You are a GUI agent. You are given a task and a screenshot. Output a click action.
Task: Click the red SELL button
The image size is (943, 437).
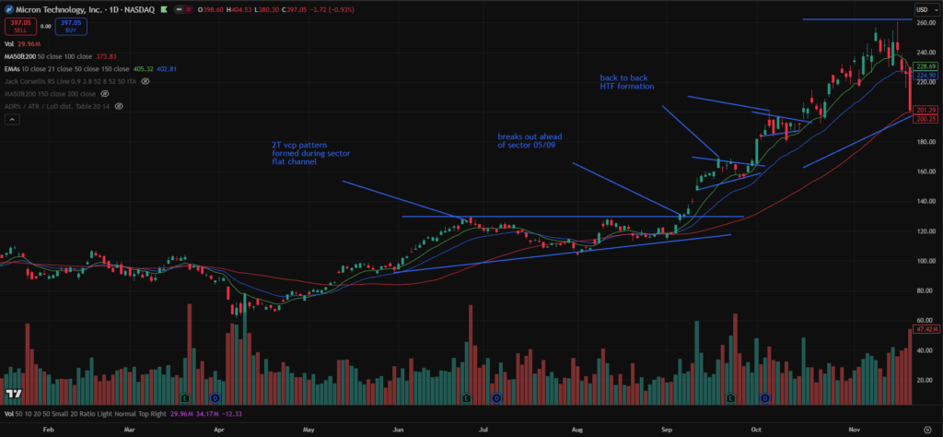click(17, 25)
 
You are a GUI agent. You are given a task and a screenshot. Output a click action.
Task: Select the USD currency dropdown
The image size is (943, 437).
click(925, 8)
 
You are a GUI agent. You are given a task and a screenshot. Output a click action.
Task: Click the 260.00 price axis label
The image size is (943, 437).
click(925, 23)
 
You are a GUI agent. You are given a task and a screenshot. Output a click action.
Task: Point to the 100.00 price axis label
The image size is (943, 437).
click(925, 262)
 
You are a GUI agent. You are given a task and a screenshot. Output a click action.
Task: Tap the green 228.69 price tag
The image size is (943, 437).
click(926, 67)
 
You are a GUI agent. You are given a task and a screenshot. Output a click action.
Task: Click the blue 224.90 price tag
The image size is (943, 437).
click(926, 76)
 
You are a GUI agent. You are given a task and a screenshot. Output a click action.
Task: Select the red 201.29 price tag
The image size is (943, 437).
click(926, 111)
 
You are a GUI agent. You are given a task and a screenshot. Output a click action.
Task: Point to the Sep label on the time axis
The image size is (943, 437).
click(664, 429)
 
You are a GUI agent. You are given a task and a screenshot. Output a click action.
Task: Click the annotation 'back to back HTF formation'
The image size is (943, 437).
click(626, 82)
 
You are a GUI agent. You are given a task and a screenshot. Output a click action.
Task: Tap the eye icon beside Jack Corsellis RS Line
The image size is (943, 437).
click(146, 81)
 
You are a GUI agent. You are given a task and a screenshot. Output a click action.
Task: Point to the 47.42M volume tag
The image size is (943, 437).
click(926, 329)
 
